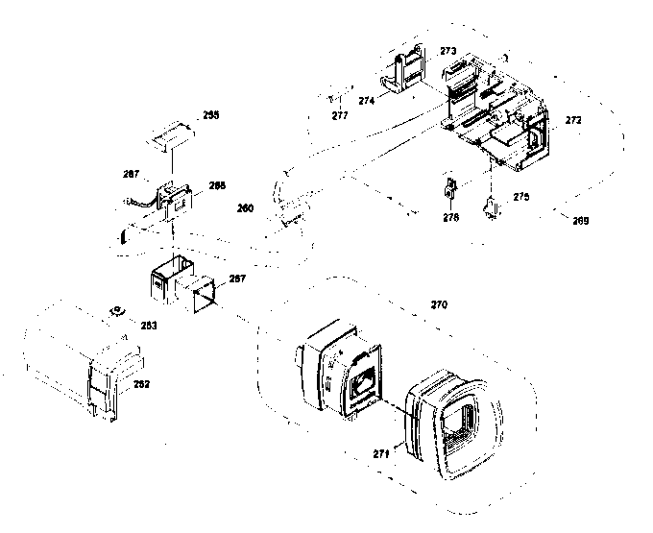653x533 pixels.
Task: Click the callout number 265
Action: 210,114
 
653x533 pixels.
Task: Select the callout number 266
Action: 217,185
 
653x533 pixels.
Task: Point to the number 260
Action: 246,207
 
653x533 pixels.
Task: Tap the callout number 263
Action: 149,326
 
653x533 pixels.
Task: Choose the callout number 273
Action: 447,50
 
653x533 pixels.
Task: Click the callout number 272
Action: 572,121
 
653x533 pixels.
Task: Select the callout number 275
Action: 520,196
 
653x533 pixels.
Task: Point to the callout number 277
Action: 339,115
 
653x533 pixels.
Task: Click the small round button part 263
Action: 117,310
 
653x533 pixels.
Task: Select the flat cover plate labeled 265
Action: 171,135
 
